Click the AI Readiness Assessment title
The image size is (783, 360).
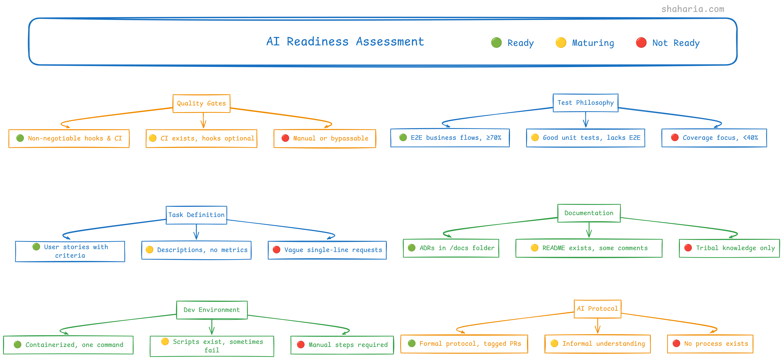[x=345, y=42]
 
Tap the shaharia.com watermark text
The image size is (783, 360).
[x=692, y=9]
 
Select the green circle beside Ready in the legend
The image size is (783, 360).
[x=496, y=43]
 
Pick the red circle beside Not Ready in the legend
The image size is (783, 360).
[x=641, y=43]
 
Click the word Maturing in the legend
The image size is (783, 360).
[x=593, y=43]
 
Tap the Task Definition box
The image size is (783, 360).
[x=196, y=215]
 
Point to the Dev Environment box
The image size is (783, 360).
[x=212, y=310]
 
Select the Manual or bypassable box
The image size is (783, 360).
[x=325, y=139]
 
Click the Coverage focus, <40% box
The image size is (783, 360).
[x=714, y=138]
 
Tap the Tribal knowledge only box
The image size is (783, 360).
[x=729, y=248]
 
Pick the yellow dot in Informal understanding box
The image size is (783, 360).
[x=554, y=343]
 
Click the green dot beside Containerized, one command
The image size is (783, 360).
[x=18, y=344]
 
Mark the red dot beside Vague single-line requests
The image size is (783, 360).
[x=276, y=250]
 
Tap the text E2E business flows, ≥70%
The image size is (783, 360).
[x=456, y=138]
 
